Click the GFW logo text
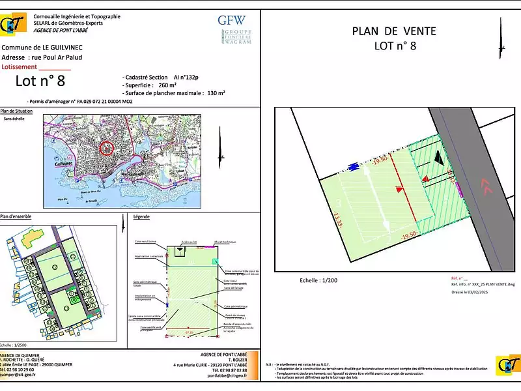[232, 20]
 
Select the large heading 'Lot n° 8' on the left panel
[40, 81]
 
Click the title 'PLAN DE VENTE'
[394, 31]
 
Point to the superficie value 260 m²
[167, 85]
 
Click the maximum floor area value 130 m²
[216, 93]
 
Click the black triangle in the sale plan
[439, 156]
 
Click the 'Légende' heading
[141, 216]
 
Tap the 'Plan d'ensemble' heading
[16, 216]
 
